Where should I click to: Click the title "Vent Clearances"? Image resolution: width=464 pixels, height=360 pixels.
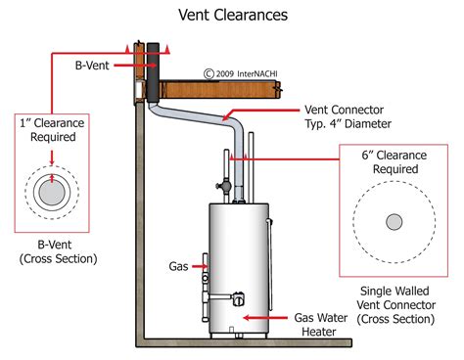coord(232,15)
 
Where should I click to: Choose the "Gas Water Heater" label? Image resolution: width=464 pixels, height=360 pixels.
coord(322,325)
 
